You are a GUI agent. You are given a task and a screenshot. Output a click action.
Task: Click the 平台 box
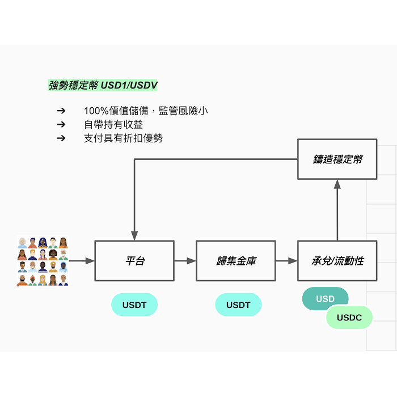point(134,261)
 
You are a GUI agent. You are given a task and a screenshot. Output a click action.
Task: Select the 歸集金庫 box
point(236,261)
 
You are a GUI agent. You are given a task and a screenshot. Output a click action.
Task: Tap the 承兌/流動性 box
point(337,261)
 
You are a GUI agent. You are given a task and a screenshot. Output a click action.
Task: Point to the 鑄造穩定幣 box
point(337,159)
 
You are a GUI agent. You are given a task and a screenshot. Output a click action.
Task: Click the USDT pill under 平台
point(134,305)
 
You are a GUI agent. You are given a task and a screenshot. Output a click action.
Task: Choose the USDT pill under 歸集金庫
point(238,305)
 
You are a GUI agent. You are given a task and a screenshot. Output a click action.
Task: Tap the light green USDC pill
point(349,317)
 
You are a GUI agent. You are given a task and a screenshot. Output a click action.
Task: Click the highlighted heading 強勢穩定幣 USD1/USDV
point(103,85)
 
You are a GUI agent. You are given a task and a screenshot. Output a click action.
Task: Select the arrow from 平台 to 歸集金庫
point(185,261)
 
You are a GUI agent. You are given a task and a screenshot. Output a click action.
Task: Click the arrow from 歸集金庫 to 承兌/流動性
point(286,261)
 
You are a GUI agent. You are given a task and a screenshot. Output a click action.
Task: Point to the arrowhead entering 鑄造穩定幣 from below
point(337,184)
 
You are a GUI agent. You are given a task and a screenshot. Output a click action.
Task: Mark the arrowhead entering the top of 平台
point(134,236)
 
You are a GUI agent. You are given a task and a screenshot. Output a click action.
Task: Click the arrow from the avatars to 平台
point(82,261)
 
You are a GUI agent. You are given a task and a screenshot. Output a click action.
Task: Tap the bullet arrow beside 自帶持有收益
point(61,124)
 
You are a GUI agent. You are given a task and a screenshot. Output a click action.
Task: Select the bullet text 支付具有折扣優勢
point(123,138)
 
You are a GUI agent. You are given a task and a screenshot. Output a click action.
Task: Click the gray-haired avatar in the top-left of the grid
point(22,243)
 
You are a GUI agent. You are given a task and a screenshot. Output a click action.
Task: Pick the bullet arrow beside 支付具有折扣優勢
point(61,138)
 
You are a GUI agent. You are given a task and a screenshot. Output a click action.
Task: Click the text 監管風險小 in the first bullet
point(183,111)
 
